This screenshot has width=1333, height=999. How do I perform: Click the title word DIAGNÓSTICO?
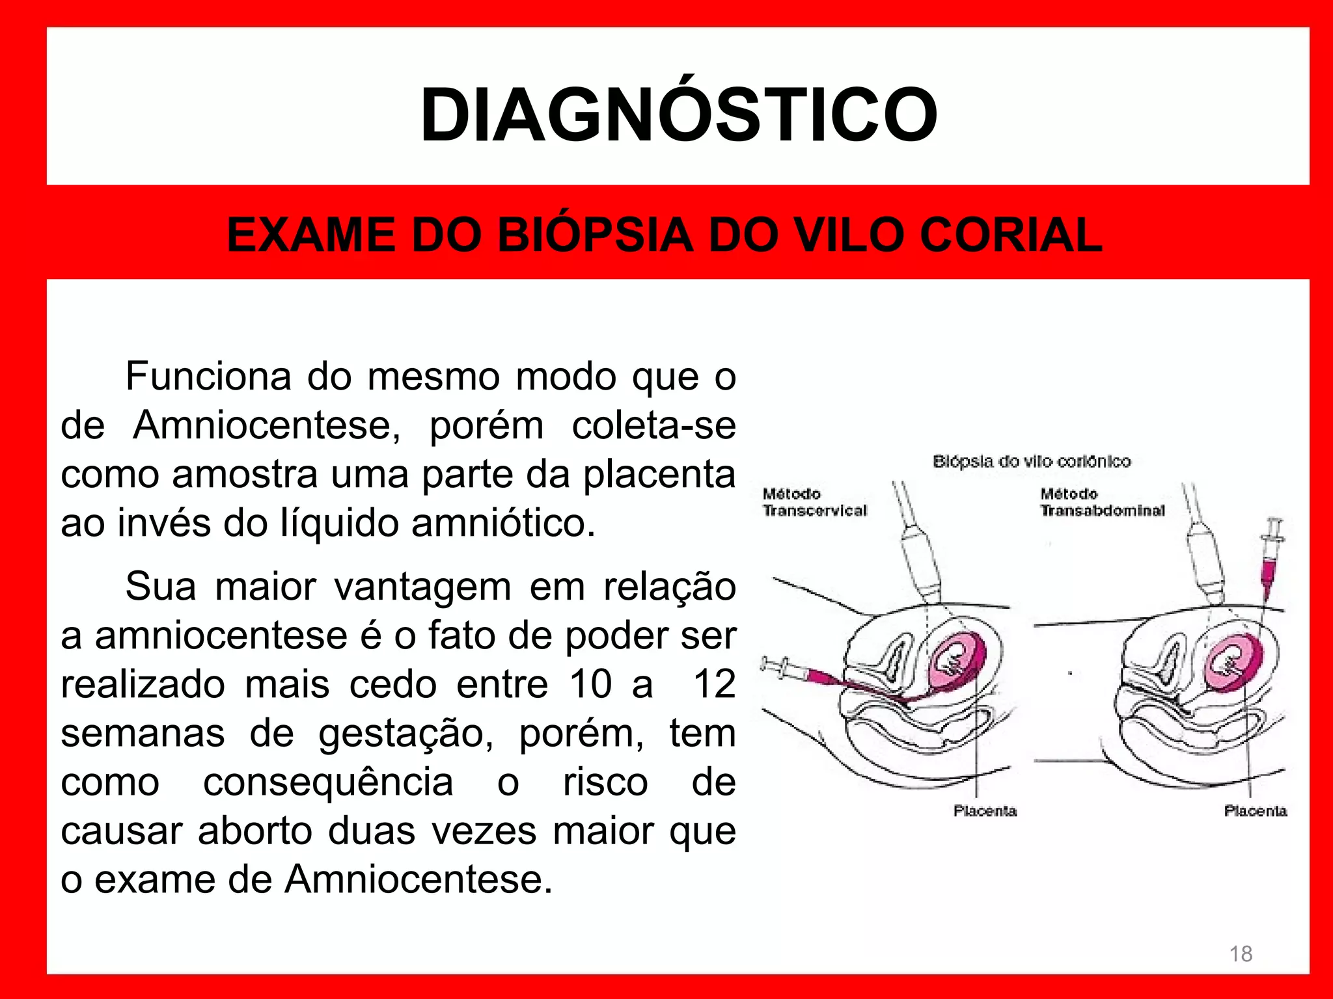pos(678,116)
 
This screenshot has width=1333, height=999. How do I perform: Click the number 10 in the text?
pos(590,684)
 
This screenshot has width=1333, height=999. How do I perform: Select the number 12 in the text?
pos(714,684)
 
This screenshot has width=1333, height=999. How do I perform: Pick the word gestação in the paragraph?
pos(405,734)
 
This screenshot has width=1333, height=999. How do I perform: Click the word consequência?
pos(328,782)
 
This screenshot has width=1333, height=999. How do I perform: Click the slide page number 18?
pos(1241,953)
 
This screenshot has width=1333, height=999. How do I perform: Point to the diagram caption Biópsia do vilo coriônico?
pos(1032,462)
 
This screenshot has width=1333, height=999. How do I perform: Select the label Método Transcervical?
pos(814,503)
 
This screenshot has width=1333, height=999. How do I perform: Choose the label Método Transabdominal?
pos(1102,503)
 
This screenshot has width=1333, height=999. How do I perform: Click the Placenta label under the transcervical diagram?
pos(985,811)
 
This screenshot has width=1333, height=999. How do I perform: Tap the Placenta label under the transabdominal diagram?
pos(1255,811)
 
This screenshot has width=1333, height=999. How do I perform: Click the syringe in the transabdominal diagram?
pos(1270,560)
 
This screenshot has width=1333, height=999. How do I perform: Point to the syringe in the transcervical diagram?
pos(801,673)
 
